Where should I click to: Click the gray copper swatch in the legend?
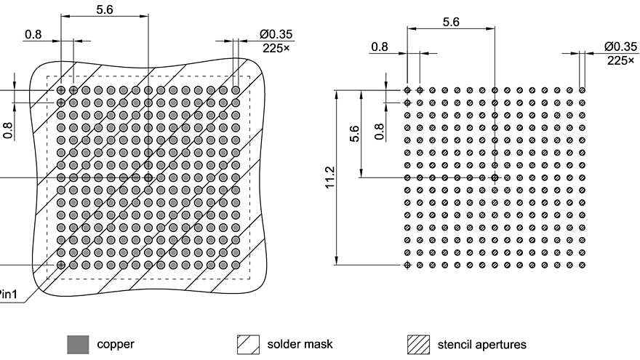coord(78,344)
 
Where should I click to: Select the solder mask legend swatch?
coord(249,344)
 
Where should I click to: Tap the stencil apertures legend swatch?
coord(417,344)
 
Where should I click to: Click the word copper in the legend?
coord(116,344)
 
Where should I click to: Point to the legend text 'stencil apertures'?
coord(481,344)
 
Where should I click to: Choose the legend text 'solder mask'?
coord(300,344)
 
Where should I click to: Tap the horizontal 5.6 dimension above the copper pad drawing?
coord(105,9)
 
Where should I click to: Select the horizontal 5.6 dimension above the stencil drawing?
coord(451,23)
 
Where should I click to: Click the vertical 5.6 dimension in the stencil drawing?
coord(354,133)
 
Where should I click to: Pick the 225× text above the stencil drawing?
coord(621,60)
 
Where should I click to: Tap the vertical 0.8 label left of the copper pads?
coord(9,130)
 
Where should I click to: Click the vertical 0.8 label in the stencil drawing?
coord(378,131)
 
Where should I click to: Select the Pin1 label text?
coord(10,295)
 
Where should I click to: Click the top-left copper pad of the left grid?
coord(61,90)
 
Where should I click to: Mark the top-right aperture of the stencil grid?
coord(582,90)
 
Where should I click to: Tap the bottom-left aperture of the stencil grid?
coord(408,264)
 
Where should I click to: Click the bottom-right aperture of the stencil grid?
coord(582,264)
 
